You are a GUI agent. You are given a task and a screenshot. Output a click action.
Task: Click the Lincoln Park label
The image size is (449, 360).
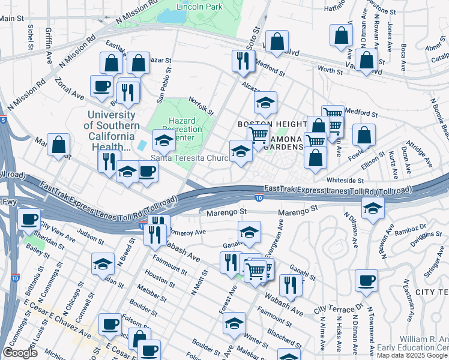pyautogui.click(x=199, y=7)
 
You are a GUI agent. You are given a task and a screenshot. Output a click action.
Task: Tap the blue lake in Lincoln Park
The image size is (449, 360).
pyautogui.click(x=171, y=16)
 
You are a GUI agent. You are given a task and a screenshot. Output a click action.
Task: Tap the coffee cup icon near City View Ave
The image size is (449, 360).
pyautogui.click(x=29, y=220)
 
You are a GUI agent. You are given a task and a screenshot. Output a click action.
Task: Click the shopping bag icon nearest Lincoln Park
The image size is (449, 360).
pyautogui.click(x=277, y=42)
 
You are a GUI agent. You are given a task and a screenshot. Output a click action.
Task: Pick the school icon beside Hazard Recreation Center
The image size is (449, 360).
pyautogui.click(x=164, y=140)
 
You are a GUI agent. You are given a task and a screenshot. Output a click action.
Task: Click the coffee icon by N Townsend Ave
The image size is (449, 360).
pyautogui.click(x=366, y=281)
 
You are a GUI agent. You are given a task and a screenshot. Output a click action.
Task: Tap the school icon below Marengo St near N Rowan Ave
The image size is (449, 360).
pyautogui.click(x=373, y=209)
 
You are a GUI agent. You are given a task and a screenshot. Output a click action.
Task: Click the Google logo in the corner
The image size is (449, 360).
pyautogui.click(x=20, y=353)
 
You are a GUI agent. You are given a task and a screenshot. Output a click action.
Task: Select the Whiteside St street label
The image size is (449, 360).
pyautogui.click(x=345, y=180)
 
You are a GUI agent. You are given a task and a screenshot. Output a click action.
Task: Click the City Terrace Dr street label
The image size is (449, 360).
pyautogui.click(x=339, y=308)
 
